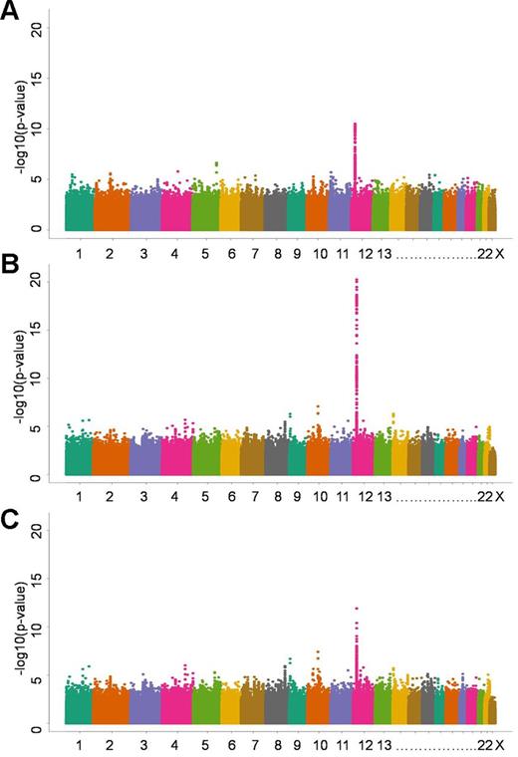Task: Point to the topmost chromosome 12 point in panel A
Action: pos(355,125)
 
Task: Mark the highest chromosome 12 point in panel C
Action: pos(357,609)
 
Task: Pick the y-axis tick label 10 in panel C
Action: pos(37,629)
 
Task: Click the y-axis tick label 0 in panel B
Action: pos(37,478)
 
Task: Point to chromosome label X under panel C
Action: pos(500,746)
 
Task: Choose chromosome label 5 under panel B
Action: pos(204,496)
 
